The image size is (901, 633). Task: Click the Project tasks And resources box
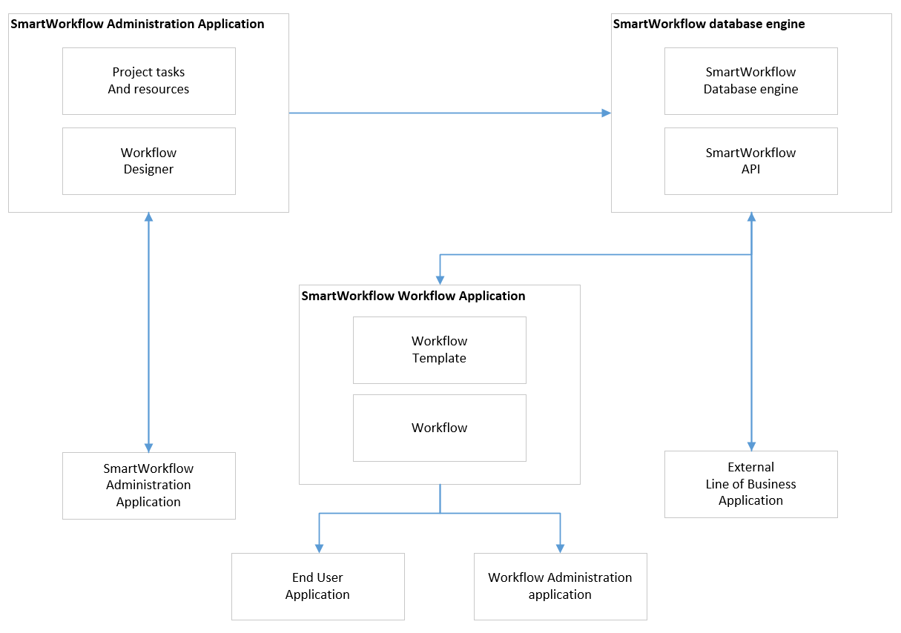click(x=148, y=81)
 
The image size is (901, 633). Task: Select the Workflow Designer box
click(x=148, y=161)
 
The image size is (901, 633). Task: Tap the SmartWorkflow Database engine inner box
click(x=750, y=81)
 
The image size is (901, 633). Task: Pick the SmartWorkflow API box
click(x=750, y=161)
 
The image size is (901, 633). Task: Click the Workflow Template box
click(x=439, y=350)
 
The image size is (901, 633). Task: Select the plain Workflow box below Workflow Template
click(x=439, y=428)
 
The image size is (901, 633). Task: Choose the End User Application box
click(x=317, y=586)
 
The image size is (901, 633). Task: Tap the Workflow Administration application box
click(x=560, y=586)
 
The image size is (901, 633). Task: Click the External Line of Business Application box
click(x=750, y=484)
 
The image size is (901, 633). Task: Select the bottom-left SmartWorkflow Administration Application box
click(x=148, y=485)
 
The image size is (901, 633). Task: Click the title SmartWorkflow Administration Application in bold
click(x=137, y=24)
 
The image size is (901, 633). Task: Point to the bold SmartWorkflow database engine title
click(x=709, y=24)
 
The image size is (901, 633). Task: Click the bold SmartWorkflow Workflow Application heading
click(x=413, y=296)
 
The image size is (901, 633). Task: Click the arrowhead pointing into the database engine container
click(x=606, y=113)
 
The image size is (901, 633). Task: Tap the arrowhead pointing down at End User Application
click(x=319, y=548)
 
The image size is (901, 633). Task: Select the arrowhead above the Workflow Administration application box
click(x=560, y=548)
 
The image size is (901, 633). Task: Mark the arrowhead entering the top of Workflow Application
click(x=440, y=279)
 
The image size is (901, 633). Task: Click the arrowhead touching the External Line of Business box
click(x=751, y=445)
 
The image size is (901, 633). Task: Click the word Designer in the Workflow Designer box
click(x=148, y=169)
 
